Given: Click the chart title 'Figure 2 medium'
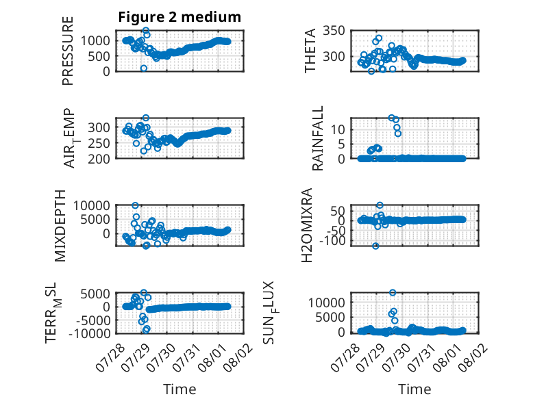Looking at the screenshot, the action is point(179,17).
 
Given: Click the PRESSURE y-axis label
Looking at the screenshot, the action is point(68,51).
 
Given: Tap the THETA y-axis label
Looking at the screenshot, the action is point(310,51).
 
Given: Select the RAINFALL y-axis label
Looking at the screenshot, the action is point(317,138).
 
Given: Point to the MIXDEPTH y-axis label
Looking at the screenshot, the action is point(60,226).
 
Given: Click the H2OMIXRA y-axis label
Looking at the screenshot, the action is point(307,225).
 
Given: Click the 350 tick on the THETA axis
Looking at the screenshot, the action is point(334,31).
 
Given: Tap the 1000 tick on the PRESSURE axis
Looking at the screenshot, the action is point(95,41).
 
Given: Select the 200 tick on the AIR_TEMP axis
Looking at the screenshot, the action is point(99,159).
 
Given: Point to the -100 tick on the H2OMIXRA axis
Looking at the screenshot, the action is point(332,240).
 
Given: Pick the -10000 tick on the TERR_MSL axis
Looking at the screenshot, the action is point(90,333).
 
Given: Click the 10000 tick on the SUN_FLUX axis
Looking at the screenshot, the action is point(326,303).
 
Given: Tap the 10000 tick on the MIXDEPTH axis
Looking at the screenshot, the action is point(91,205).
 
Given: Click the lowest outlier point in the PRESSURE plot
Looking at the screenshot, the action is point(144,68).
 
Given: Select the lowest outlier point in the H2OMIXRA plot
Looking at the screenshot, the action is point(375,246).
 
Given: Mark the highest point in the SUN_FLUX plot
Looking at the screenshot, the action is point(393,292).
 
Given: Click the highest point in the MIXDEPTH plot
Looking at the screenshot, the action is point(135,205).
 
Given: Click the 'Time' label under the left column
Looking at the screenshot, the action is point(179,389).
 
